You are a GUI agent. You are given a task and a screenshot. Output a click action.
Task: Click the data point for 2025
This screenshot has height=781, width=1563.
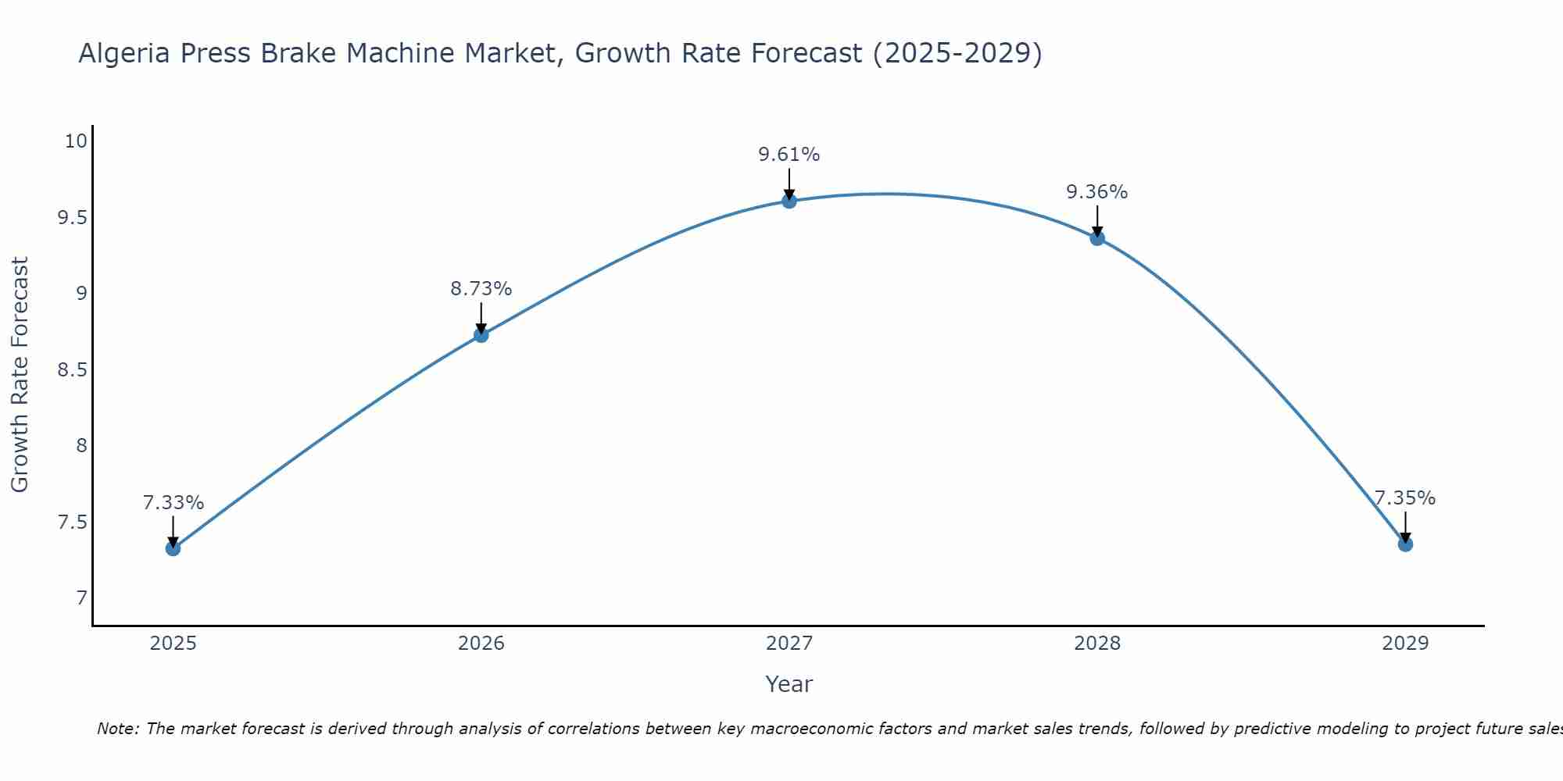click(x=173, y=548)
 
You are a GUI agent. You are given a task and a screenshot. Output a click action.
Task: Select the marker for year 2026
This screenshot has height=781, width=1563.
click(x=481, y=335)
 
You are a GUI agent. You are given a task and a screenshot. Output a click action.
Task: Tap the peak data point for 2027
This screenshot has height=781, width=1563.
click(x=789, y=201)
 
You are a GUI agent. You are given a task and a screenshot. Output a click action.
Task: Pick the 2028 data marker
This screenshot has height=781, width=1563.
click(x=1097, y=238)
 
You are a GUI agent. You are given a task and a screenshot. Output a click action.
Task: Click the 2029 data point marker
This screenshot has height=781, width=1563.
click(x=1405, y=544)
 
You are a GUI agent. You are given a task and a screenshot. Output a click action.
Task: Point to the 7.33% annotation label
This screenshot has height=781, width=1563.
click(x=173, y=503)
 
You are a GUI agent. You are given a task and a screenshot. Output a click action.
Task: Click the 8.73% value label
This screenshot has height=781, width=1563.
click(x=481, y=289)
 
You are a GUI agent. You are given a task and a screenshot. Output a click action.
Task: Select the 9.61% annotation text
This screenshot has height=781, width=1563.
click(x=789, y=155)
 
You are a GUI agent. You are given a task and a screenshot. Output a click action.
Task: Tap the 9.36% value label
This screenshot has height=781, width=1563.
click(x=1097, y=192)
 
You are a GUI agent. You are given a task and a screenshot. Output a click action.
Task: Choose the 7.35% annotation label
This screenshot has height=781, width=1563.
click(x=1405, y=498)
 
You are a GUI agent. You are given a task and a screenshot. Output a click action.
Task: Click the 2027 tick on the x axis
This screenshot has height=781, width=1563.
click(x=789, y=644)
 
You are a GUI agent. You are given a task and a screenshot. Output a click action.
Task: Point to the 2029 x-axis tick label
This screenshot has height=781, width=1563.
click(x=1405, y=644)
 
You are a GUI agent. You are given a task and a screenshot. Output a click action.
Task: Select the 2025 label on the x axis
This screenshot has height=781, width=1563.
click(x=173, y=644)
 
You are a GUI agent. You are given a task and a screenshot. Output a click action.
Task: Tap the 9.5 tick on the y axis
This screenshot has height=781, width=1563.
click(x=72, y=217)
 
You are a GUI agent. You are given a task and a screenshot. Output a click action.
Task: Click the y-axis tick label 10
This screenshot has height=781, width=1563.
click(x=76, y=141)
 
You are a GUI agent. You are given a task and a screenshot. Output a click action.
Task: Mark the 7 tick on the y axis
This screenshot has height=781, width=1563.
click(x=81, y=598)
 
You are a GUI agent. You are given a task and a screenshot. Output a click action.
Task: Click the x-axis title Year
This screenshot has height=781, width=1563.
click(x=789, y=684)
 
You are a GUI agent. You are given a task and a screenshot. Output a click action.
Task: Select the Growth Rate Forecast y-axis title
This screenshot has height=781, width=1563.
click(x=20, y=375)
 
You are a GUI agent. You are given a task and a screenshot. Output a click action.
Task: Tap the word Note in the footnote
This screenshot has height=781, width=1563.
click(x=117, y=729)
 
